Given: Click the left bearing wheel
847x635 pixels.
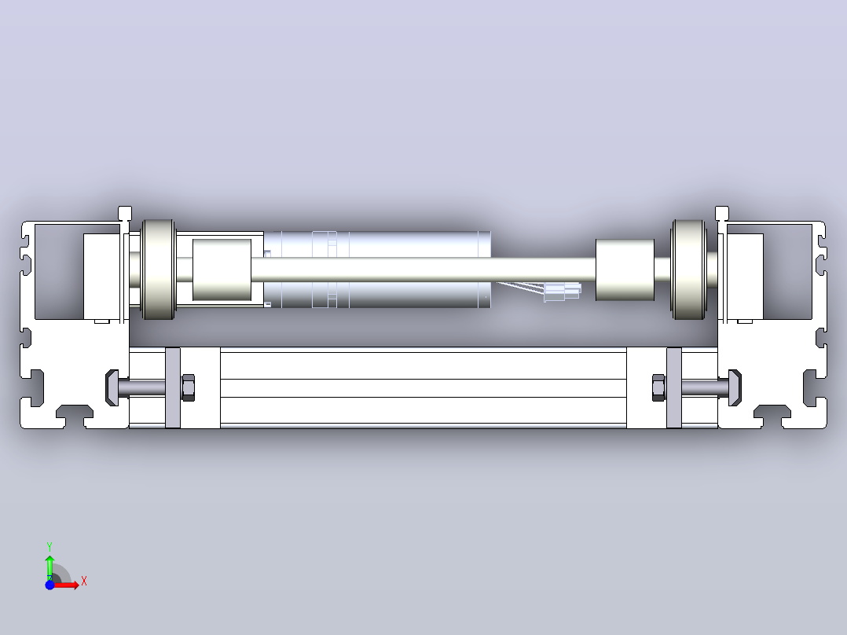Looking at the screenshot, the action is click(x=158, y=269).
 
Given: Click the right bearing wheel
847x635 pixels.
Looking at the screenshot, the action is click(x=689, y=269).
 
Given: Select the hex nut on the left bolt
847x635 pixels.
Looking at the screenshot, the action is click(x=188, y=387).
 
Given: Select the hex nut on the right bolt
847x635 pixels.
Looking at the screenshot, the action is click(x=658, y=387).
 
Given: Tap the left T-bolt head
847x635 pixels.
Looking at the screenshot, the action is click(x=112, y=387).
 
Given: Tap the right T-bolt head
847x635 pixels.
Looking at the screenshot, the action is click(x=735, y=387).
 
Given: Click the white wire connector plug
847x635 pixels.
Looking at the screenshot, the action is click(x=563, y=292).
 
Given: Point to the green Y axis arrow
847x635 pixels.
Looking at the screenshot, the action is click(x=49, y=567).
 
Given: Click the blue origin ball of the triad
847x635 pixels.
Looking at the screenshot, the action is click(x=49, y=585).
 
